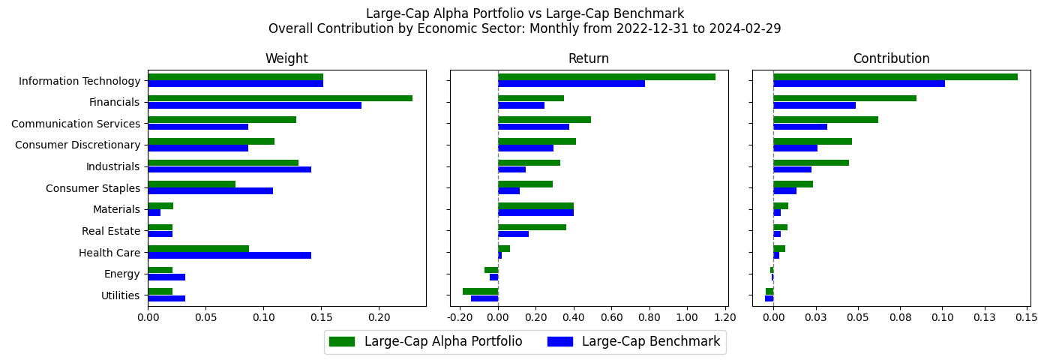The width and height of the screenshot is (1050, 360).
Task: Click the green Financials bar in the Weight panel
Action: click(x=280, y=98)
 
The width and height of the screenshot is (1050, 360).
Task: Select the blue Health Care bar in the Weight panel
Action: click(x=229, y=256)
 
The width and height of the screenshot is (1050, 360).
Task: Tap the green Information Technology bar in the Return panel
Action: click(x=606, y=76)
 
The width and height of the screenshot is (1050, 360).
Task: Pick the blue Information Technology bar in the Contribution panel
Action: click(x=859, y=83)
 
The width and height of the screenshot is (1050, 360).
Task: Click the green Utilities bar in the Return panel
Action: click(x=480, y=291)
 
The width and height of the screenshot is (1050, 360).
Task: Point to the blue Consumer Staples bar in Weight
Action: click(x=210, y=191)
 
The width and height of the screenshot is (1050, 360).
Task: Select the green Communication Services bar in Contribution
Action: click(x=825, y=119)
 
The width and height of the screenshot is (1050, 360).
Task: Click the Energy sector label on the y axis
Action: click(x=122, y=274)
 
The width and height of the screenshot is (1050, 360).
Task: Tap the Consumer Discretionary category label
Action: click(x=77, y=145)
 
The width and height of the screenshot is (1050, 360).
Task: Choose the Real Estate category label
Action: click(x=111, y=231)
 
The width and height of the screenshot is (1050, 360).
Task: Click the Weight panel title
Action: click(x=286, y=58)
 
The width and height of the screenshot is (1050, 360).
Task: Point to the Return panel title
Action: click(x=588, y=58)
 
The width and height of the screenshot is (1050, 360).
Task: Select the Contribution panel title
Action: click(x=891, y=58)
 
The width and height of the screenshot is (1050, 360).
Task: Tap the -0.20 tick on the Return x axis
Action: click(x=459, y=317)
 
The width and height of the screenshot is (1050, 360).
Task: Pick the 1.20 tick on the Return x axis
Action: click(x=725, y=317)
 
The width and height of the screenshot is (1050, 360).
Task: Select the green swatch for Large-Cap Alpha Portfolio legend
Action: click(x=341, y=342)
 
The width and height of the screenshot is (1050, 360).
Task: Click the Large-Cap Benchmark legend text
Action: click(x=650, y=342)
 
